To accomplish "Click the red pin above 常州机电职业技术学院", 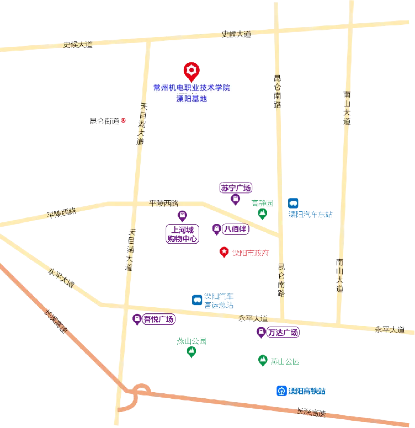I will tap(191, 71).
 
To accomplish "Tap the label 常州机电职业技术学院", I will tap(191, 87).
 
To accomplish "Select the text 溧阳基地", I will tap(191, 99).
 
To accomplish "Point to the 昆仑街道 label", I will tap(104, 120).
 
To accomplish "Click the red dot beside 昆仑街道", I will tap(124, 120).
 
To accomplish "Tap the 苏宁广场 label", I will tap(235, 187).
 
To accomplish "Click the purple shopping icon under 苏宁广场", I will tap(235, 200).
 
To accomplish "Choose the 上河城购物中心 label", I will tap(182, 234).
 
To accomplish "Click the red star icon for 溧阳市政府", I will tap(224, 252).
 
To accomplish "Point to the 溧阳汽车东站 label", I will tap(312, 214).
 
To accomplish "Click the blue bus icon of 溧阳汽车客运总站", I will tap(196, 300).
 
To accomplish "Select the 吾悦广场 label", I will tap(159, 319).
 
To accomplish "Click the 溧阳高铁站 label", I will tap(307, 391).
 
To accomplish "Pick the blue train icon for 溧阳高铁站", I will tap(281, 391).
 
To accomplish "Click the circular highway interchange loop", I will tap(140, 393).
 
